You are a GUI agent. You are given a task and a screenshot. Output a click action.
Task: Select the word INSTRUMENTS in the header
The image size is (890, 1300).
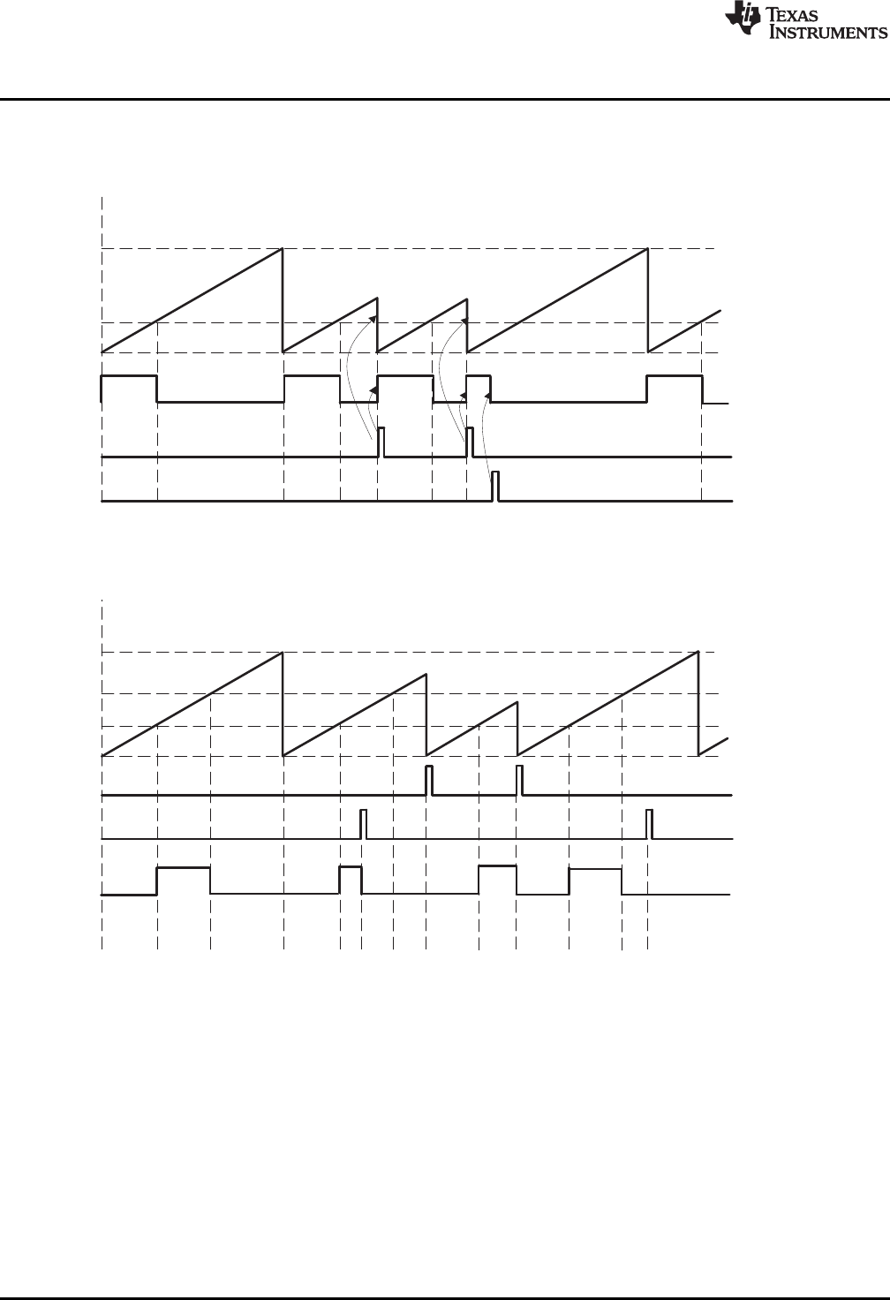(828, 33)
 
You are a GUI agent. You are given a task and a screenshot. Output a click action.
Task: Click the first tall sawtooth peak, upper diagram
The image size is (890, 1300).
(283, 250)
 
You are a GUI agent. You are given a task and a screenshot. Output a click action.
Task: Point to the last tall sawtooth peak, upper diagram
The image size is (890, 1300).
(647, 250)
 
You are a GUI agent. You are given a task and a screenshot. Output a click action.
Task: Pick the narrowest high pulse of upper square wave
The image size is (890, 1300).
(479, 377)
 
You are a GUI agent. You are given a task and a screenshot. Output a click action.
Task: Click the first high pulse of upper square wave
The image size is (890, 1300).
(130, 377)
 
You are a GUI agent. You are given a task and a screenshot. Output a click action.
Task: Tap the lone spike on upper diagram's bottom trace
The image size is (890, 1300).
(495, 486)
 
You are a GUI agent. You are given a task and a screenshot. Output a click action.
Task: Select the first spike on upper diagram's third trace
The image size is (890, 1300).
(381, 442)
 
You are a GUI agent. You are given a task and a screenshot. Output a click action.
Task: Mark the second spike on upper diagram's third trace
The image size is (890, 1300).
(470, 442)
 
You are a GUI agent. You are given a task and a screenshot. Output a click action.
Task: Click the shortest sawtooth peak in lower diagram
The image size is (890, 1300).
(516, 704)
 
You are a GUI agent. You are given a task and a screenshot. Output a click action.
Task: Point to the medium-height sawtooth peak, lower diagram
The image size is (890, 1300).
(425, 676)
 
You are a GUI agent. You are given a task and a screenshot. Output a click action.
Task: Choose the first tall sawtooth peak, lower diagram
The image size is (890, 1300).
(283, 654)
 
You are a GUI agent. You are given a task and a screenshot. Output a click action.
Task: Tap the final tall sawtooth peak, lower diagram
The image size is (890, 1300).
(698, 653)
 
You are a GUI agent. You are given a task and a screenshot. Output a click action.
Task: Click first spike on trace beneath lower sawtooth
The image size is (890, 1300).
(428, 780)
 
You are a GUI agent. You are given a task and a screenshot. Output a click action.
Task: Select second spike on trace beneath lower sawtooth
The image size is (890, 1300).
(519, 780)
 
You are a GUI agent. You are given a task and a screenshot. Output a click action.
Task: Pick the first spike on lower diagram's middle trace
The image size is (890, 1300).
(363, 823)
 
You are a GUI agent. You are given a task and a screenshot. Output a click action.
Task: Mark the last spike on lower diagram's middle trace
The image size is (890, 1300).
(649, 823)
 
